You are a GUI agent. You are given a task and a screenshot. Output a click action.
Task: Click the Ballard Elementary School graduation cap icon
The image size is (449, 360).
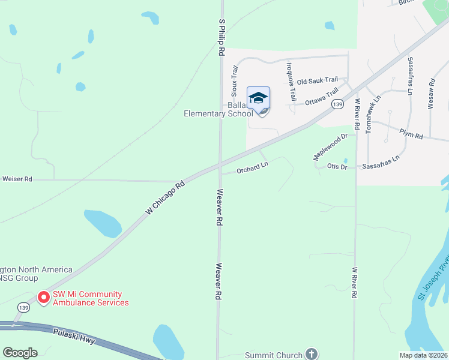point(258,98)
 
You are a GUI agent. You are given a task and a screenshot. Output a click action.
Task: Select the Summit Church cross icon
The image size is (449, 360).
point(311,353)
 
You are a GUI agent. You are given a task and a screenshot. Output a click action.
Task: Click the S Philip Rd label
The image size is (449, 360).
point(221,37)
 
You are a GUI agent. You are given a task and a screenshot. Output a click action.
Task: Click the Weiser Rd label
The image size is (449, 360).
point(17,179)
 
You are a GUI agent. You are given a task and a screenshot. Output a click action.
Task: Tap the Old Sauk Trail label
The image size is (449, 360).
point(318,80)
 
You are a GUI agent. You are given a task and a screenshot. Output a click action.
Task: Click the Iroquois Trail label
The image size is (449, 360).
point(291,82)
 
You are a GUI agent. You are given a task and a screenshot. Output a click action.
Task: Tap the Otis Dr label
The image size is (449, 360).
point(337,166)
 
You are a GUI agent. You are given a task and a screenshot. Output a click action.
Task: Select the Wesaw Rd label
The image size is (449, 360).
point(430,94)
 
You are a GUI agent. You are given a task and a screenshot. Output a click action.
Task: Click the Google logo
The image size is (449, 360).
point(20,353)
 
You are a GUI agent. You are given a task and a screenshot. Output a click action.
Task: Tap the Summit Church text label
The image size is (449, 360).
point(274,355)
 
